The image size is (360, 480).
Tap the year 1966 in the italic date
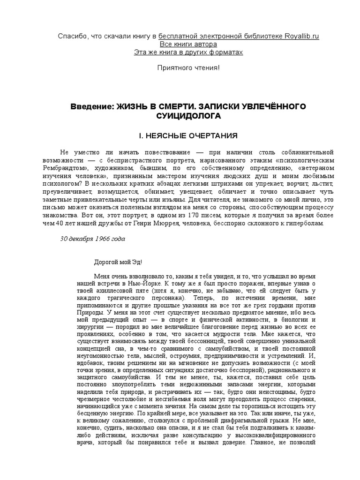click(101, 239)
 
